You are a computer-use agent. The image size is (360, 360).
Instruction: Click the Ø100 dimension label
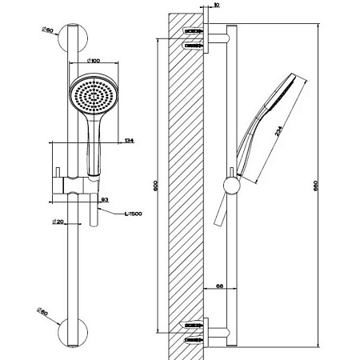94,61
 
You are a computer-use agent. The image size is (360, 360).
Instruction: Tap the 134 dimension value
129,141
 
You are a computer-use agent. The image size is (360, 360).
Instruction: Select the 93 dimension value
105,199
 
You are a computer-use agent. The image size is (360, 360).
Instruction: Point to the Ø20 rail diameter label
58,222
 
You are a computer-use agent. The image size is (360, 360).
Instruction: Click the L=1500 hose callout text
134,214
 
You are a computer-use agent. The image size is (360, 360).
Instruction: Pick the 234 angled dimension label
278,131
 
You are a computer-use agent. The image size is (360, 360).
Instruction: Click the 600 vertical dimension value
155,186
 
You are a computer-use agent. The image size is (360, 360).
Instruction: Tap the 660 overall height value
316,186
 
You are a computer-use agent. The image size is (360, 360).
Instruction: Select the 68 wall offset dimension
219,286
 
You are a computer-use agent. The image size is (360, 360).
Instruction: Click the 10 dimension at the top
216,5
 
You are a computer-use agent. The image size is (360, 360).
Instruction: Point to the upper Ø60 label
47,30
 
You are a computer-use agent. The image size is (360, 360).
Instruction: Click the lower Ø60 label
42,311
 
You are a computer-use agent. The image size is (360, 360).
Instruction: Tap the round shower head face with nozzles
94,95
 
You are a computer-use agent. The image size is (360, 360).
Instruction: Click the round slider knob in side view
232,186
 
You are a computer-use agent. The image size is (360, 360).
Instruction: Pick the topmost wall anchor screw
194,31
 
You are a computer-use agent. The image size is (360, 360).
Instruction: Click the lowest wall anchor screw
194,340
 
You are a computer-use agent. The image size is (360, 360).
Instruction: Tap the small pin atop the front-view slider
58,173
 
